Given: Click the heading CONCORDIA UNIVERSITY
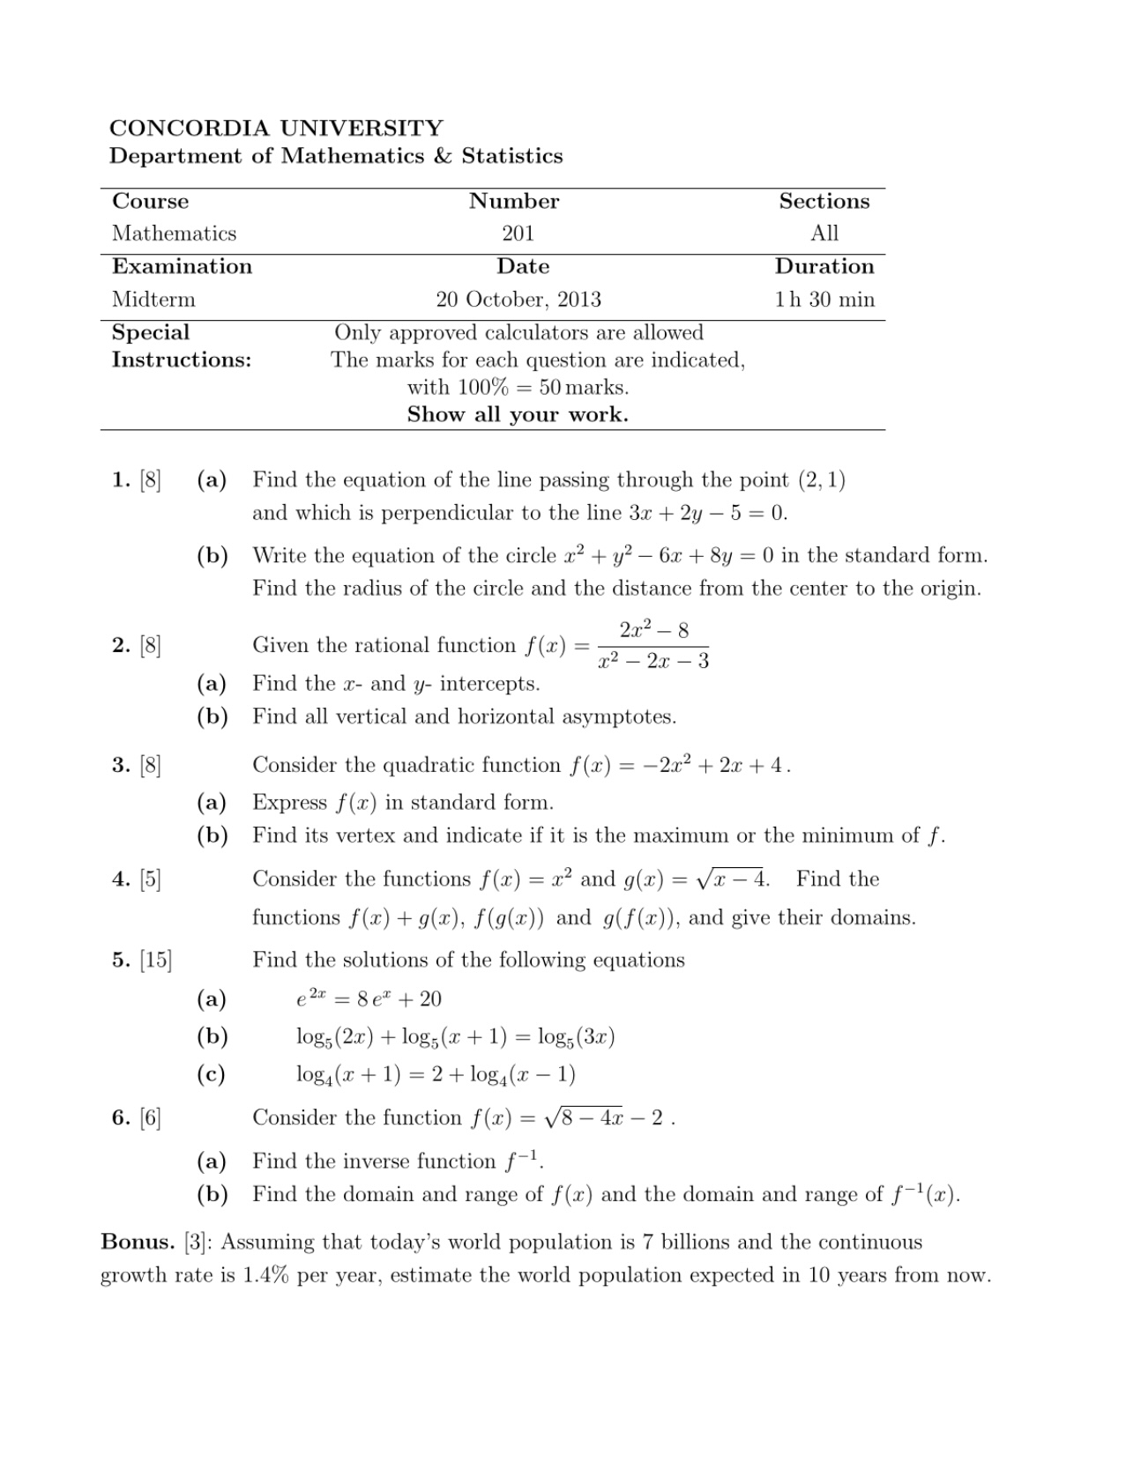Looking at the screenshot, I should (x=276, y=128).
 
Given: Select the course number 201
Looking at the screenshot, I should (x=518, y=234).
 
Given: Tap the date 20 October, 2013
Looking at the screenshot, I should (x=518, y=300).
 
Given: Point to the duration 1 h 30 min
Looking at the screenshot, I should (x=824, y=300).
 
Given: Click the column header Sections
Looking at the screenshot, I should (x=824, y=201).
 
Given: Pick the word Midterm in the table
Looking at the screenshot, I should (x=153, y=300).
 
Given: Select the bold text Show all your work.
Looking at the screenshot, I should (x=518, y=415).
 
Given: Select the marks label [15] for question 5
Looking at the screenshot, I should (x=155, y=960).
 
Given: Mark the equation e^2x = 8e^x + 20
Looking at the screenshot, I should (x=369, y=999).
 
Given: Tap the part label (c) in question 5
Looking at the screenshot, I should (x=212, y=1074).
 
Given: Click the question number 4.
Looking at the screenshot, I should (x=121, y=880).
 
